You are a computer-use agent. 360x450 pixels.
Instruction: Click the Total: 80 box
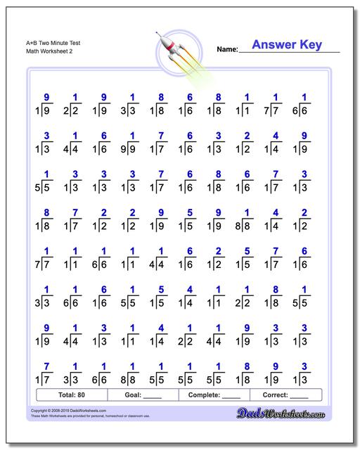70,395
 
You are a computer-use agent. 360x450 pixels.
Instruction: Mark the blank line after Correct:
299,397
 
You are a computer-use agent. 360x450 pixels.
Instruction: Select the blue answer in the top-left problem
46,97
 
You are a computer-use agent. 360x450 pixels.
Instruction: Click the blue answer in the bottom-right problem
304,366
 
